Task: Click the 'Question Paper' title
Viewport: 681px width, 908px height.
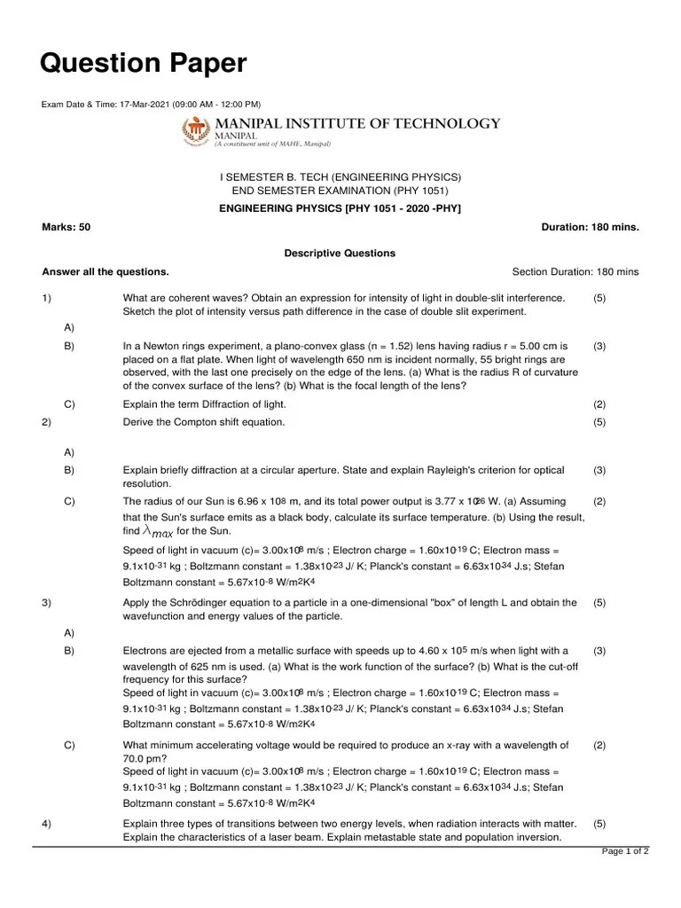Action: [144, 64]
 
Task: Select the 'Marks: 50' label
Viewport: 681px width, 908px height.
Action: [66, 227]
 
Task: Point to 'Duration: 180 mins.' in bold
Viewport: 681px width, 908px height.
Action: [590, 227]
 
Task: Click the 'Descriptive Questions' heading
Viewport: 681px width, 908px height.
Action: [340, 254]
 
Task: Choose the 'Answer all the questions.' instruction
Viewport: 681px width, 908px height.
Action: [106, 271]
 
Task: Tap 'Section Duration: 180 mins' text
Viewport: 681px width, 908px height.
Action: [575, 271]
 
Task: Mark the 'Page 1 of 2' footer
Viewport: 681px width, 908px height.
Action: [625, 852]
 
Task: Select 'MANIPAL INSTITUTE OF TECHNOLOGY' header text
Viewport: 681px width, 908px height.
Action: [357, 123]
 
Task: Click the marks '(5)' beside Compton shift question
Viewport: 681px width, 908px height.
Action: [599, 422]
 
